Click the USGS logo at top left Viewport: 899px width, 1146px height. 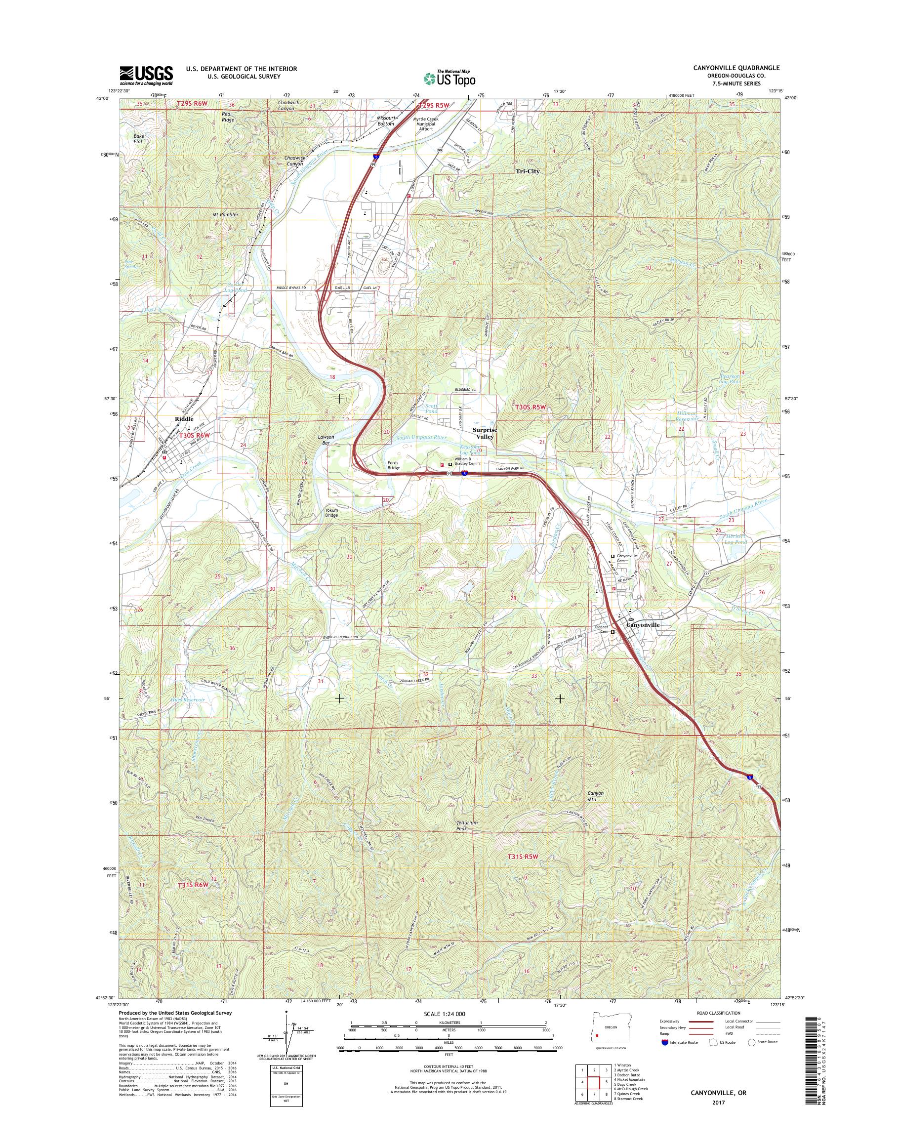coord(146,75)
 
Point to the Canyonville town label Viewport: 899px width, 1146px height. coord(642,625)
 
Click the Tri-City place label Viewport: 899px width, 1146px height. coord(528,171)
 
